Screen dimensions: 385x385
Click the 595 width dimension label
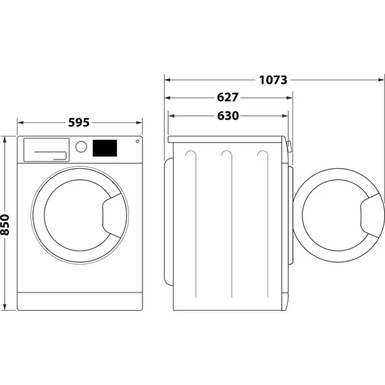79,123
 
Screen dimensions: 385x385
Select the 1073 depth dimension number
273,80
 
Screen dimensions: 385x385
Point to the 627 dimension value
228,97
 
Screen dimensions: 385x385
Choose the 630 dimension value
228,115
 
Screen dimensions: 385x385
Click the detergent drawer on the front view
46,149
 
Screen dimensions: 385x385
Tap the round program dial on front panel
81,147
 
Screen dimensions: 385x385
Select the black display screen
104,147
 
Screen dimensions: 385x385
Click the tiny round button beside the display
137,142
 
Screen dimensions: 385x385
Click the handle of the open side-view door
369,214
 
